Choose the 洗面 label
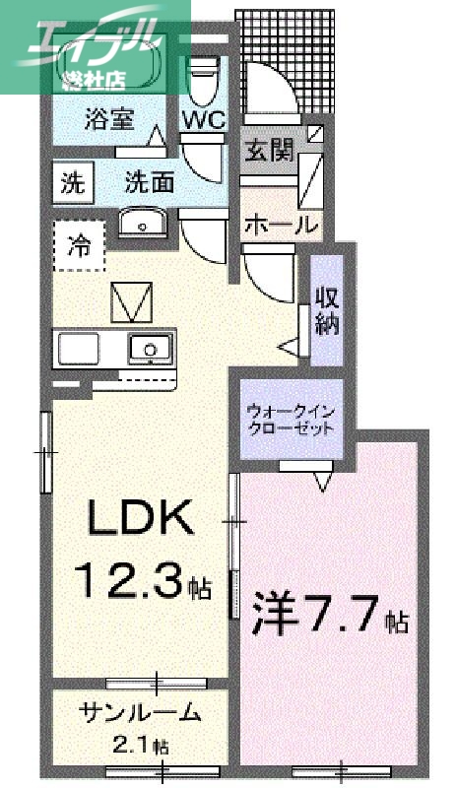[149, 182]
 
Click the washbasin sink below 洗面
[145, 225]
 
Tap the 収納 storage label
[326, 310]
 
